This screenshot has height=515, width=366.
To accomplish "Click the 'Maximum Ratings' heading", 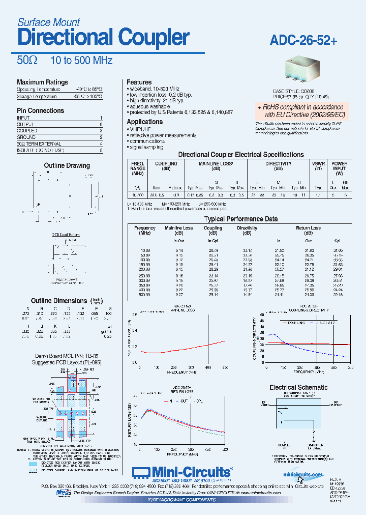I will pos(42,82).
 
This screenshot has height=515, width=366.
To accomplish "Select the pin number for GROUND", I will pos(101,137).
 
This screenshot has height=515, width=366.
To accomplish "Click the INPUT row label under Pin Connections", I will pos(23,118).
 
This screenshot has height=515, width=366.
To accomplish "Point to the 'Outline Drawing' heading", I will pos(67,165).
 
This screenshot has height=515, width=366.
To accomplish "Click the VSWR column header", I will pos(318,164).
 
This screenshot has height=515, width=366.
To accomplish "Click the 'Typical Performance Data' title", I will pos(241,219).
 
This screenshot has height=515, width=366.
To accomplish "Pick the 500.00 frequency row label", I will pos(145,294).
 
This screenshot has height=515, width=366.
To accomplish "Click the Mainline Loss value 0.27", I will pos(179,294).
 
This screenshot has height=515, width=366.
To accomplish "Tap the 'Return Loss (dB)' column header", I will pos(309,231).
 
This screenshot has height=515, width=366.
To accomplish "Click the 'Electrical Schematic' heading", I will pos(298,387).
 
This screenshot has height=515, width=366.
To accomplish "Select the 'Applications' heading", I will pos(144,122).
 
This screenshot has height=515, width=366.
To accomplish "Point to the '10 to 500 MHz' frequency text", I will pos(81,61).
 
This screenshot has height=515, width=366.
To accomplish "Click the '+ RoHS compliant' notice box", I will pos(300,110).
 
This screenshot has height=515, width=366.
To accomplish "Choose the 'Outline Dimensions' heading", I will pos(59,301).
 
